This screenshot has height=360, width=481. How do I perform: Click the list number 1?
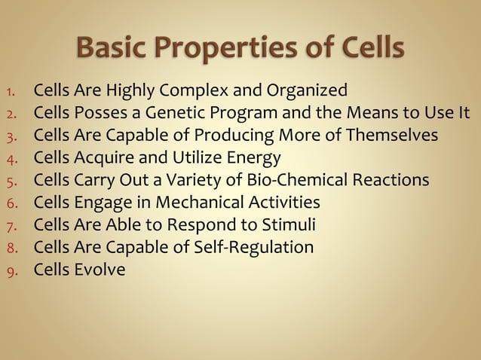click(11, 93)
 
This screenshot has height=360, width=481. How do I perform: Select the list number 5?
click(11, 182)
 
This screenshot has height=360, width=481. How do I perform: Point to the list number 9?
click(11, 270)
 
